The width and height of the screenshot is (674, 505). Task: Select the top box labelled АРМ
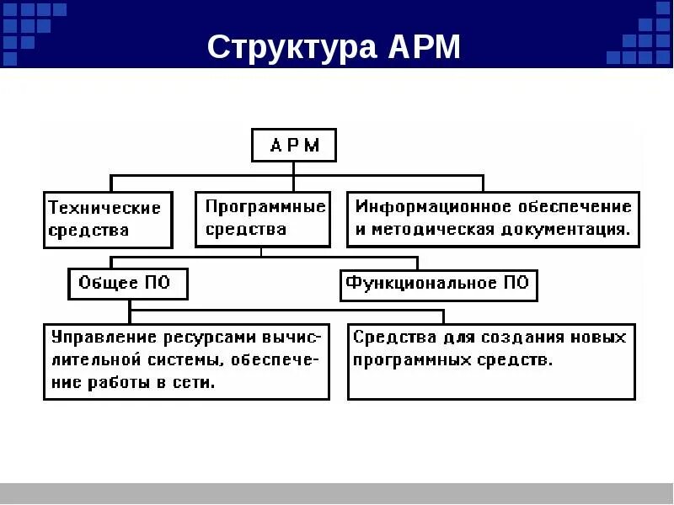coord(294,145)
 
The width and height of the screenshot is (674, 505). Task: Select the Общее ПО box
coord(128,284)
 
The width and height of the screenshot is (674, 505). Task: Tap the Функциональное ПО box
coord(439,284)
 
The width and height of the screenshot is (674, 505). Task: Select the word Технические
coord(104,207)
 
